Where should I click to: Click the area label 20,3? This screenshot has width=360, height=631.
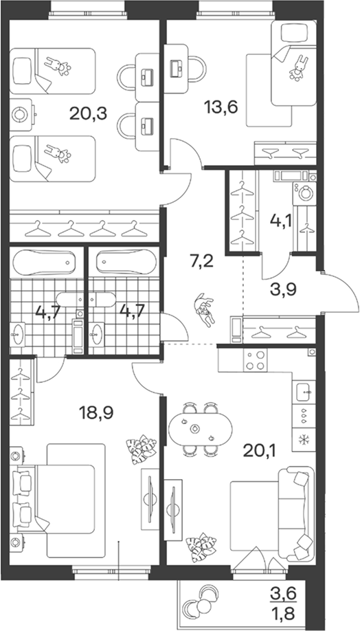pyautogui.click(x=88, y=114)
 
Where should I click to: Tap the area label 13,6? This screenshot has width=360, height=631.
pyautogui.click(x=222, y=107)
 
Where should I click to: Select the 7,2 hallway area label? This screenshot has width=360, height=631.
pyautogui.click(x=201, y=263)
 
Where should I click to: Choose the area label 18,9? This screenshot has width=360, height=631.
pyautogui.click(x=97, y=413)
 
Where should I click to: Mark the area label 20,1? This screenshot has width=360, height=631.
pyautogui.click(x=260, y=453)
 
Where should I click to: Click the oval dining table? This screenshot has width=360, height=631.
pyautogui.click(x=196, y=429)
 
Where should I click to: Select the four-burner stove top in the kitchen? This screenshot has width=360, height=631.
pyautogui.click(x=256, y=360)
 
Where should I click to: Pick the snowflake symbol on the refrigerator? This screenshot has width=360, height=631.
pyautogui.click(x=303, y=439)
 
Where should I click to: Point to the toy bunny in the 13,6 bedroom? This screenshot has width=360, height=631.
pyautogui.click(x=297, y=68)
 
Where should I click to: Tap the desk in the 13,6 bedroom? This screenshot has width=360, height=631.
pyautogui.click(x=177, y=69)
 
